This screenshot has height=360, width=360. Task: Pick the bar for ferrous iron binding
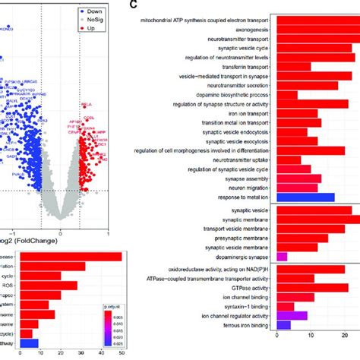[x=283, y=325]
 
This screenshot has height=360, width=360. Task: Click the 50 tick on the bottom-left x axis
[x=120, y=353]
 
